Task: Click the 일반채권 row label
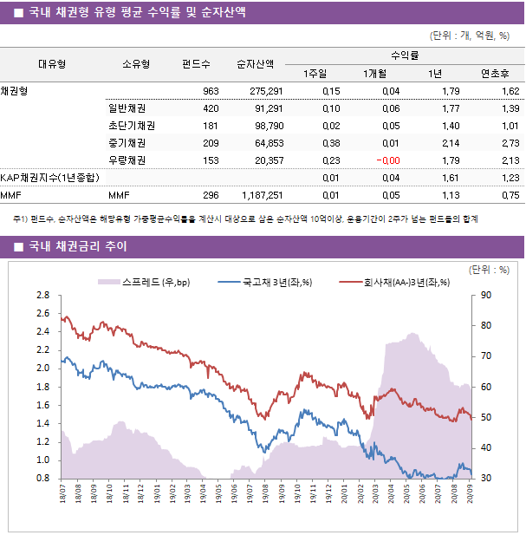(x=127, y=108)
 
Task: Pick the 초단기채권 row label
(x=127, y=126)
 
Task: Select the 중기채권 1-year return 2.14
(x=449, y=143)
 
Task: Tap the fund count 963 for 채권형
(x=210, y=91)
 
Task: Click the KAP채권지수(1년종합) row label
(x=49, y=178)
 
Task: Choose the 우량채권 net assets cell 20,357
(x=266, y=160)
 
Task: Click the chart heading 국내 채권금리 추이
(x=78, y=247)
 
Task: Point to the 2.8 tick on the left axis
(x=42, y=296)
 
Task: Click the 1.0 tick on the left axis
(x=42, y=460)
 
